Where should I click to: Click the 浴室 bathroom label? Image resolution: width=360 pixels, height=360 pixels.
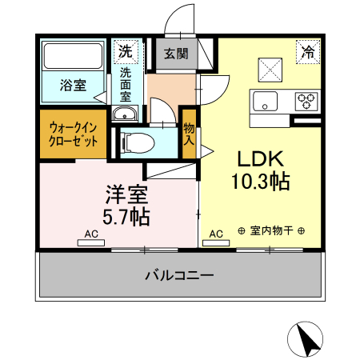coord(74,86)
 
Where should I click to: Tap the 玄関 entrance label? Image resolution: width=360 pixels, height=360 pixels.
coord(176,54)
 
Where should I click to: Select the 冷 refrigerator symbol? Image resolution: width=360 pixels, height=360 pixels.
coord(307,52)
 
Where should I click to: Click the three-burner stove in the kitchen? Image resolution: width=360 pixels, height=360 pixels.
coord(306,102)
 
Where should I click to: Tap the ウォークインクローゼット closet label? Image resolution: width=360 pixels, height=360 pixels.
coord(74,134)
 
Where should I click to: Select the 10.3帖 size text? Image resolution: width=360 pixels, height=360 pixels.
coord(260,183)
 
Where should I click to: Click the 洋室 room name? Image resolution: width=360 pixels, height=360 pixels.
coord(126,194)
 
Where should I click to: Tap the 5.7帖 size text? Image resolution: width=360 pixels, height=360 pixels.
coord(126,216)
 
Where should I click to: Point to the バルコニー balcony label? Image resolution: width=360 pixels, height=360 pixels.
coord(179,275)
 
